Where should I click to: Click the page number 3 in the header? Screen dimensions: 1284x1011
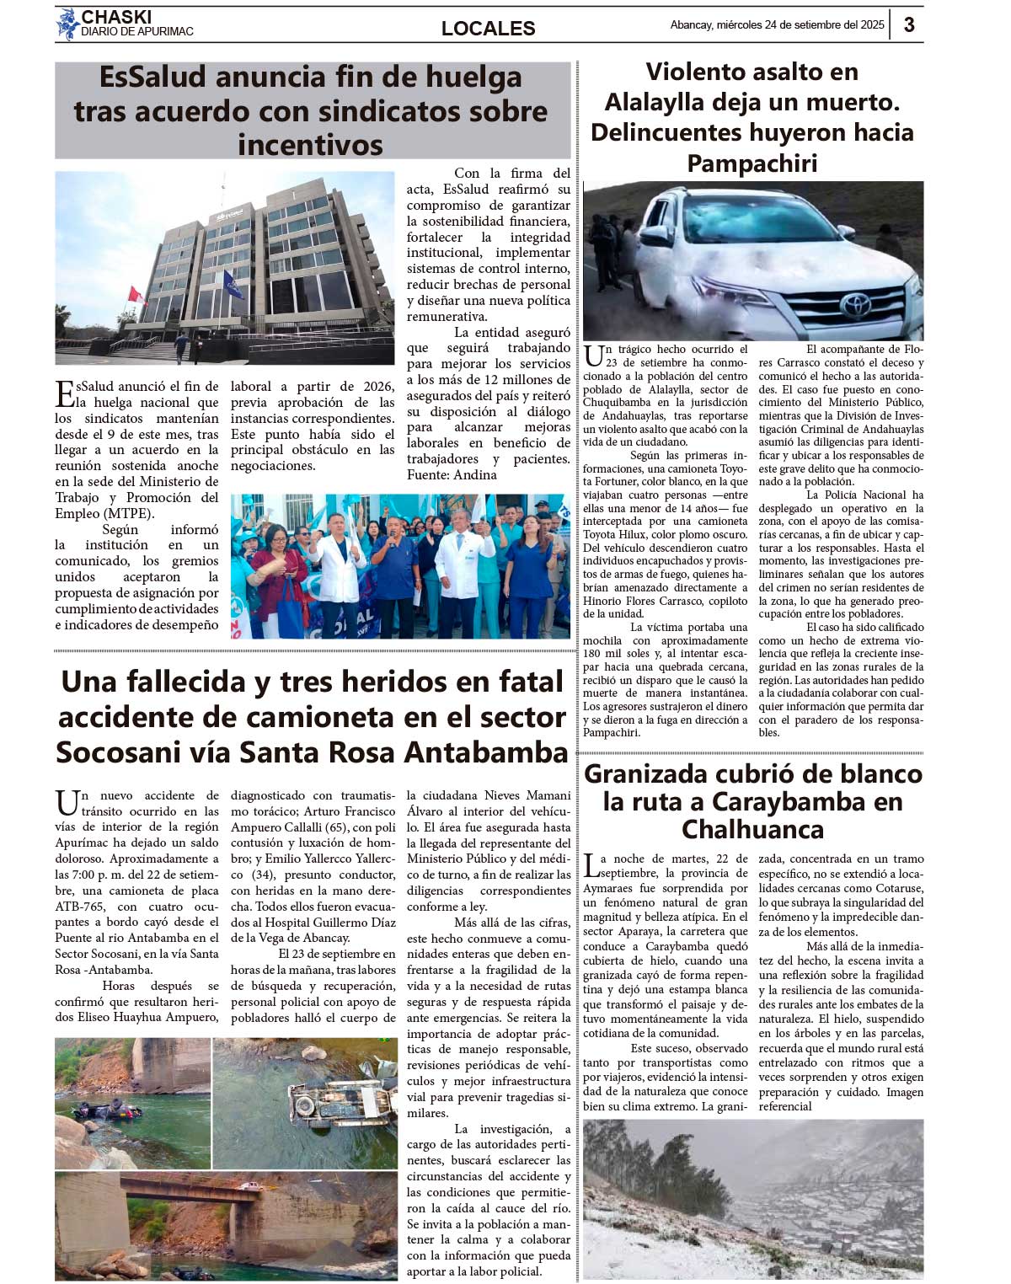(x=909, y=25)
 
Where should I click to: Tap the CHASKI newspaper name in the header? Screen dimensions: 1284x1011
(x=116, y=17)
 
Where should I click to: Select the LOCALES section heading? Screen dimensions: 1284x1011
(x=488, y=29)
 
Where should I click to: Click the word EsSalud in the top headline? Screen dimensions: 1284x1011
(x=152, y=78)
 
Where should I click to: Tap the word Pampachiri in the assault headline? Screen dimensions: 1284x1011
(x=752, y=163)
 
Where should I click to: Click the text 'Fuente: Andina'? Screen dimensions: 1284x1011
(x=452, y=475)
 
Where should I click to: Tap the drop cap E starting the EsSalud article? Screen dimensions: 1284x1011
(x=64, y=393)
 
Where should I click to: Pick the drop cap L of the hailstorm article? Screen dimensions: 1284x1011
(x=592, y=865)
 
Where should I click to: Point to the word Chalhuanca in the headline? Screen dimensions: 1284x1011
(x=752, y=829)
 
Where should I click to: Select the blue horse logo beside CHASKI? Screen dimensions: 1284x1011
(x=67, y=24)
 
